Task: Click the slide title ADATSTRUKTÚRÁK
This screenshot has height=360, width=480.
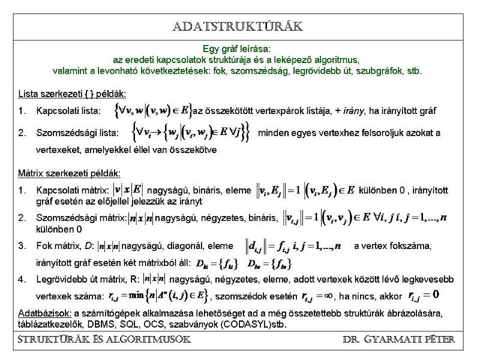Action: coord(238,27)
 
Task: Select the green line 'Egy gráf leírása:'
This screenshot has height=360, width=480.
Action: coord(237,49)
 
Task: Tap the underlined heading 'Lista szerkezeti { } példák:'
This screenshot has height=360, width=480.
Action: coord(72,94)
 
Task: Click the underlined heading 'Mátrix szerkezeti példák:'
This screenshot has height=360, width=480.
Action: coord(70,173)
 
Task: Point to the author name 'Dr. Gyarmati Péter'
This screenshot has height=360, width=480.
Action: coord(398,340)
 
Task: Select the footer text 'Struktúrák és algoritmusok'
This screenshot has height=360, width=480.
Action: coord(104,340)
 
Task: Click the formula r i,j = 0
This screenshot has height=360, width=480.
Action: coord(424,295)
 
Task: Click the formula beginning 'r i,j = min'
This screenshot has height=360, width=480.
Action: coord(158,296)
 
